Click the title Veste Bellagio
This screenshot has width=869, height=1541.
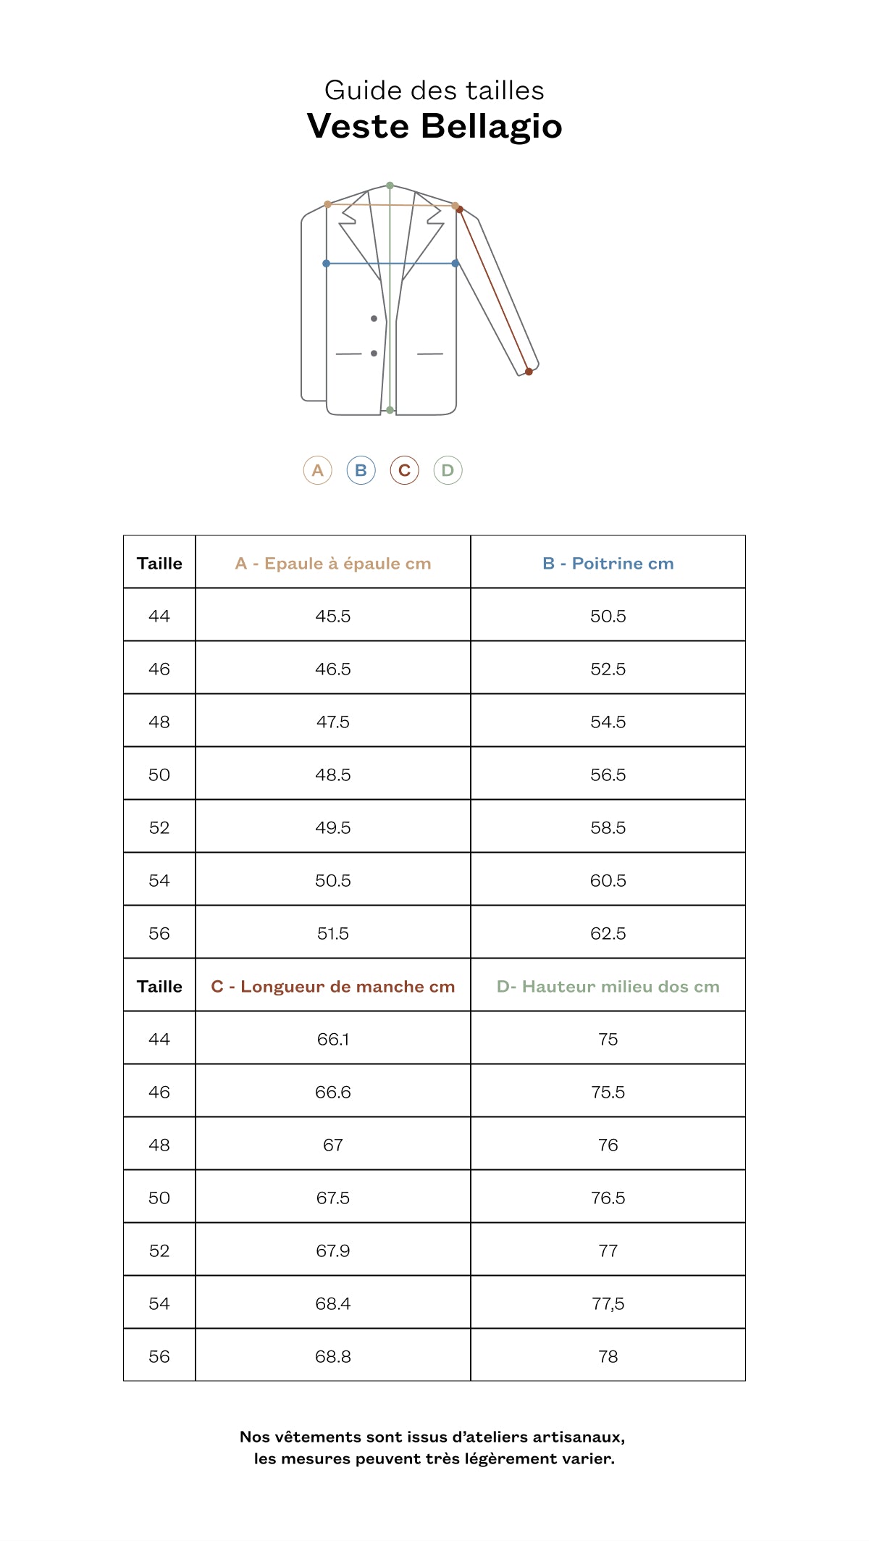coord(434,126)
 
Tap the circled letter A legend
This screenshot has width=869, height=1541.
coord(317,470)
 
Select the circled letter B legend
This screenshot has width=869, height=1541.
coord(361,470)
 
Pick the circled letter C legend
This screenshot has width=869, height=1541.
coord(404,470)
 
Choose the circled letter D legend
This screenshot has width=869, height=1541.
coord(448,470)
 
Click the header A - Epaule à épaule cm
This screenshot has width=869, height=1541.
coord(333,564)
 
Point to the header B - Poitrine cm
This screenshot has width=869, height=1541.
coord(608,564)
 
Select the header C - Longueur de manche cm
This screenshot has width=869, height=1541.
coord(333,987)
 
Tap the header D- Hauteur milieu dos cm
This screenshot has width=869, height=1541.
coord(608,987)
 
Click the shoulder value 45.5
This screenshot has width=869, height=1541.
coord(333,617)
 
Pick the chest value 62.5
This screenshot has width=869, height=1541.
coord(608,934)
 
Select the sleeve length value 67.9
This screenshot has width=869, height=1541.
coord(333,1251)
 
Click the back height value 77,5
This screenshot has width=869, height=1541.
coord(608,1304)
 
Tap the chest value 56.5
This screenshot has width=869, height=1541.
coord(608,775)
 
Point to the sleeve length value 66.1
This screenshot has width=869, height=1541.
coord(333,1040)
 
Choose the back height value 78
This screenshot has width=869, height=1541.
coord(608,1357)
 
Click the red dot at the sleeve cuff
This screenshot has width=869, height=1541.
coord(529,372)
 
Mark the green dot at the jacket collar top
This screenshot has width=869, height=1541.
coord(390,185)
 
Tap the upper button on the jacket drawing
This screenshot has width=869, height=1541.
coord(374,319)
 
